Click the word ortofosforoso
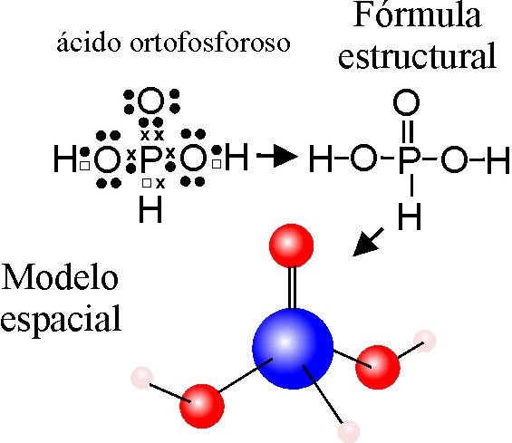pyautogui.click(x=210, y=43)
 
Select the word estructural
pyautogui.click(x=418, y=56)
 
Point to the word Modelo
pyautogui.click(x=60, y=277)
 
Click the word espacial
pyautogui.click(x=61, y=319)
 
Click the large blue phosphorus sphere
pyautogui.click(x=293, y=349)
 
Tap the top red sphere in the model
pyautogui.click(x=291, y=246)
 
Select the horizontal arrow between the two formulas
pyautogui.click(x=277, y=156)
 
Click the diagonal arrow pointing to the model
pyautogui.click(x=368, y=242)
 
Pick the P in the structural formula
pyautogui.click(x=410, y=159)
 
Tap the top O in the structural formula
pyautogui.click(x=406, y=102)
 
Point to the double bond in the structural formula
pyautogui.click(x=408, y=132)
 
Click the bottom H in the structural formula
pyautogui.click(x=410, y=217)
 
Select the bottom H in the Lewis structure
pyautogui.click(x=150, y=209)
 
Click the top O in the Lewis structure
pyautogui.click(x=150, y=101)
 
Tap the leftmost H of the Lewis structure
pyautogui.click(x=65, y=159)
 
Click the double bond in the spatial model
pyautogui.click(x=292, y=288)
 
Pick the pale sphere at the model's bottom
pyautogui.click(x=349, y=431)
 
